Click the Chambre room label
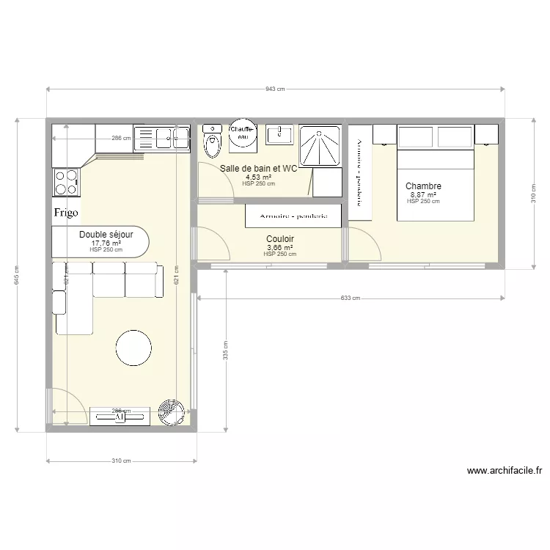click(423, 186)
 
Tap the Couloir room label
click(280, 239)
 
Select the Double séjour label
click(106, 235)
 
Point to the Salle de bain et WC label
click(259, 168)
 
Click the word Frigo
click(66, 212)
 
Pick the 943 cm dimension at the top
click(275, 89)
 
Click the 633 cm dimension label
click(351, 298)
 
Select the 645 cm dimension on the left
click(17, 274)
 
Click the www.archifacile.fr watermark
click(504, 471)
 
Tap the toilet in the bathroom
click(213, 142)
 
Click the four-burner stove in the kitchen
click(66, 182)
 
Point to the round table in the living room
click(134, 348)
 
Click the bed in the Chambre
click(435, 172)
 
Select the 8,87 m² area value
click(423, 195)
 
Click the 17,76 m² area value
click(106, 243)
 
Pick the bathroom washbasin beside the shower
click(279, 134)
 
